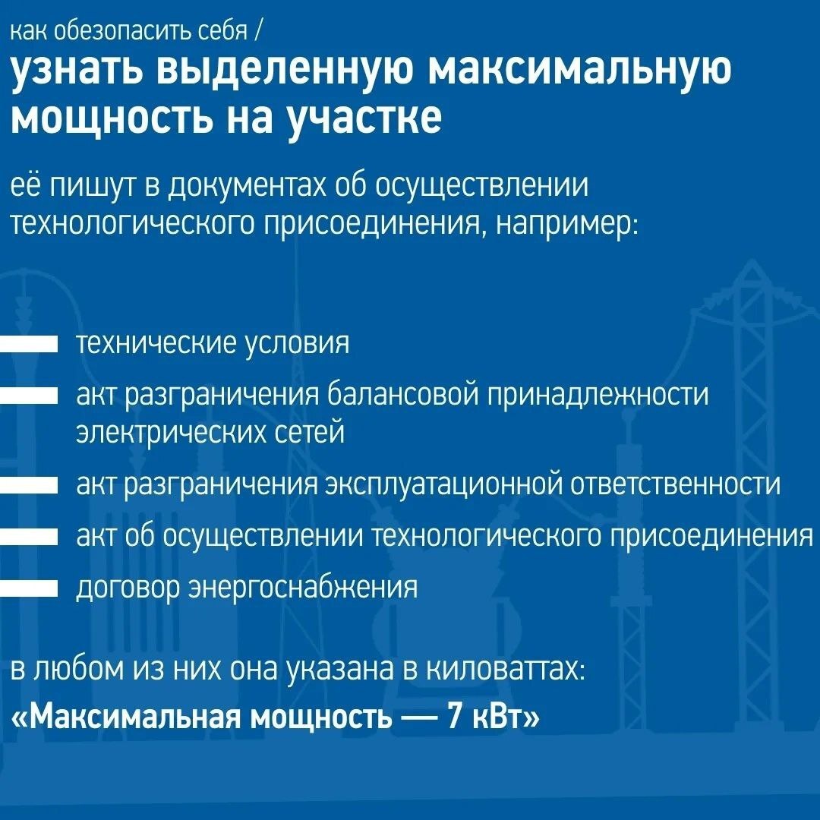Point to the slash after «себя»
pos(260,33)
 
